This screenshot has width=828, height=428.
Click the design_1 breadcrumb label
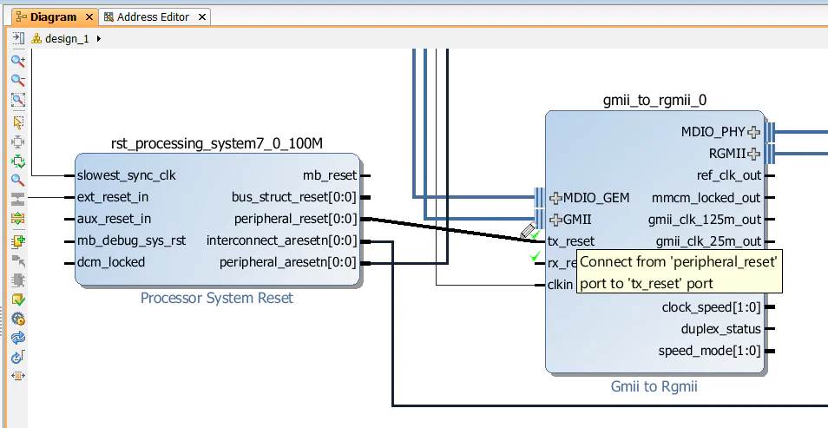point(66,39)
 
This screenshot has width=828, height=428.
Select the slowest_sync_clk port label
point(126,175)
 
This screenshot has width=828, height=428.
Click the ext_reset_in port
point(113,197)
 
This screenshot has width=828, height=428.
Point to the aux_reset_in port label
point(114,219)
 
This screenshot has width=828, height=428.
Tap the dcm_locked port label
point(111,262)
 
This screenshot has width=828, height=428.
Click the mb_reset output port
point(329,175)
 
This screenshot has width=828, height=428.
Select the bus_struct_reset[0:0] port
point(294,197)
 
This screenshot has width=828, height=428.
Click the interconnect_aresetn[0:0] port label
point(281,240)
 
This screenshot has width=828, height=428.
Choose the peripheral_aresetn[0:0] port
point(288,262)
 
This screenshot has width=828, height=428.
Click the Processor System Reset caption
point(217,299)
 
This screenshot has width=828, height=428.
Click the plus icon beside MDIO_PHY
point(753,133)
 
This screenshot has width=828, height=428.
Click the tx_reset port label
point(571,241)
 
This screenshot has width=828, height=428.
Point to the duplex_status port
point(721,329)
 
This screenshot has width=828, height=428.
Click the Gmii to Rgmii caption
point(654,387)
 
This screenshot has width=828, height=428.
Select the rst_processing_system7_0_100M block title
point(217,143)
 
